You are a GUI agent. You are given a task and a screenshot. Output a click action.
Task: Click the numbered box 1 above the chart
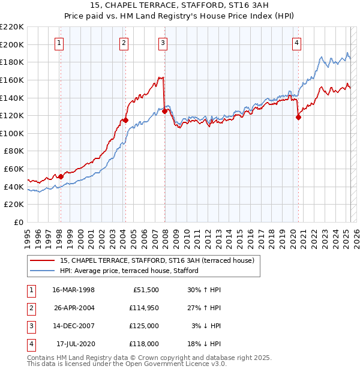60,43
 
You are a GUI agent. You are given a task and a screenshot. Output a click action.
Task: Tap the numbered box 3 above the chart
163,43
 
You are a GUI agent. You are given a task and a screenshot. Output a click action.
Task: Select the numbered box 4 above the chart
297,43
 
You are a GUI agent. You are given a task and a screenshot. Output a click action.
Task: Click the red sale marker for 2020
298,118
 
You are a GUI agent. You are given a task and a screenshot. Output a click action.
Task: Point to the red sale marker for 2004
126,120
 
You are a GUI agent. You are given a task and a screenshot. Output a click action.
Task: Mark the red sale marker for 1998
61,176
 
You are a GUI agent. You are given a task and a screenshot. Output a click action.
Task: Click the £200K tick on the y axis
12,44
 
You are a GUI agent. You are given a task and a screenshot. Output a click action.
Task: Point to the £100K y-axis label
12,133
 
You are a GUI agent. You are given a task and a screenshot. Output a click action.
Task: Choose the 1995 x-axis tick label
28,237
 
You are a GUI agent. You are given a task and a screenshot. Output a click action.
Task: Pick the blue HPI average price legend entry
128,271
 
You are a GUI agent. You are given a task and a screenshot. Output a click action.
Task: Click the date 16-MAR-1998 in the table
73,290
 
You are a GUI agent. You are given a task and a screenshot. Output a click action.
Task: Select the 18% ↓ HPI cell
206,344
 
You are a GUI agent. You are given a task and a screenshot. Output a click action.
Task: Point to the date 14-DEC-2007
73,326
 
